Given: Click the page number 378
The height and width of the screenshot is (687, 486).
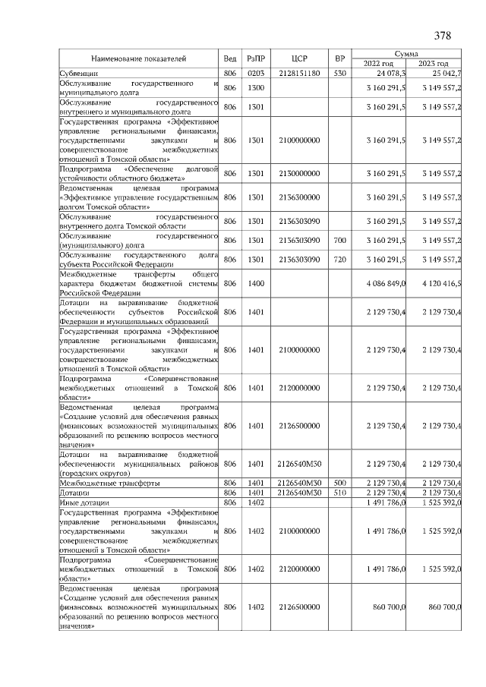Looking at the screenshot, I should point(443,36).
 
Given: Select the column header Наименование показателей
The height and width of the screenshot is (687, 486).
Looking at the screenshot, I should point(139,58).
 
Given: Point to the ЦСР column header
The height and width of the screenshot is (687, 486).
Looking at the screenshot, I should point(298,58).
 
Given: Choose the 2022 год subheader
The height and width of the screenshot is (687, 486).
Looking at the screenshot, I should point(378,64).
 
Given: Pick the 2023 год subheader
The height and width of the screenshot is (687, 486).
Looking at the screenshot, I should point(434,64).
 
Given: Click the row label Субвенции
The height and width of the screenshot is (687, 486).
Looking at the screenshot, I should point(78,73).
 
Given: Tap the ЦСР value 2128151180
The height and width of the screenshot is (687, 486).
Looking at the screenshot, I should point(298,73).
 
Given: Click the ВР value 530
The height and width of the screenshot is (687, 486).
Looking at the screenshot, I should point(340,73).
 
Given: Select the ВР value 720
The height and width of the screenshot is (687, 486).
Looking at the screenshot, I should point(340,260).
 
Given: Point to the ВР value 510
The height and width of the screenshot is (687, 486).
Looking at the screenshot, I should point(340,492).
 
